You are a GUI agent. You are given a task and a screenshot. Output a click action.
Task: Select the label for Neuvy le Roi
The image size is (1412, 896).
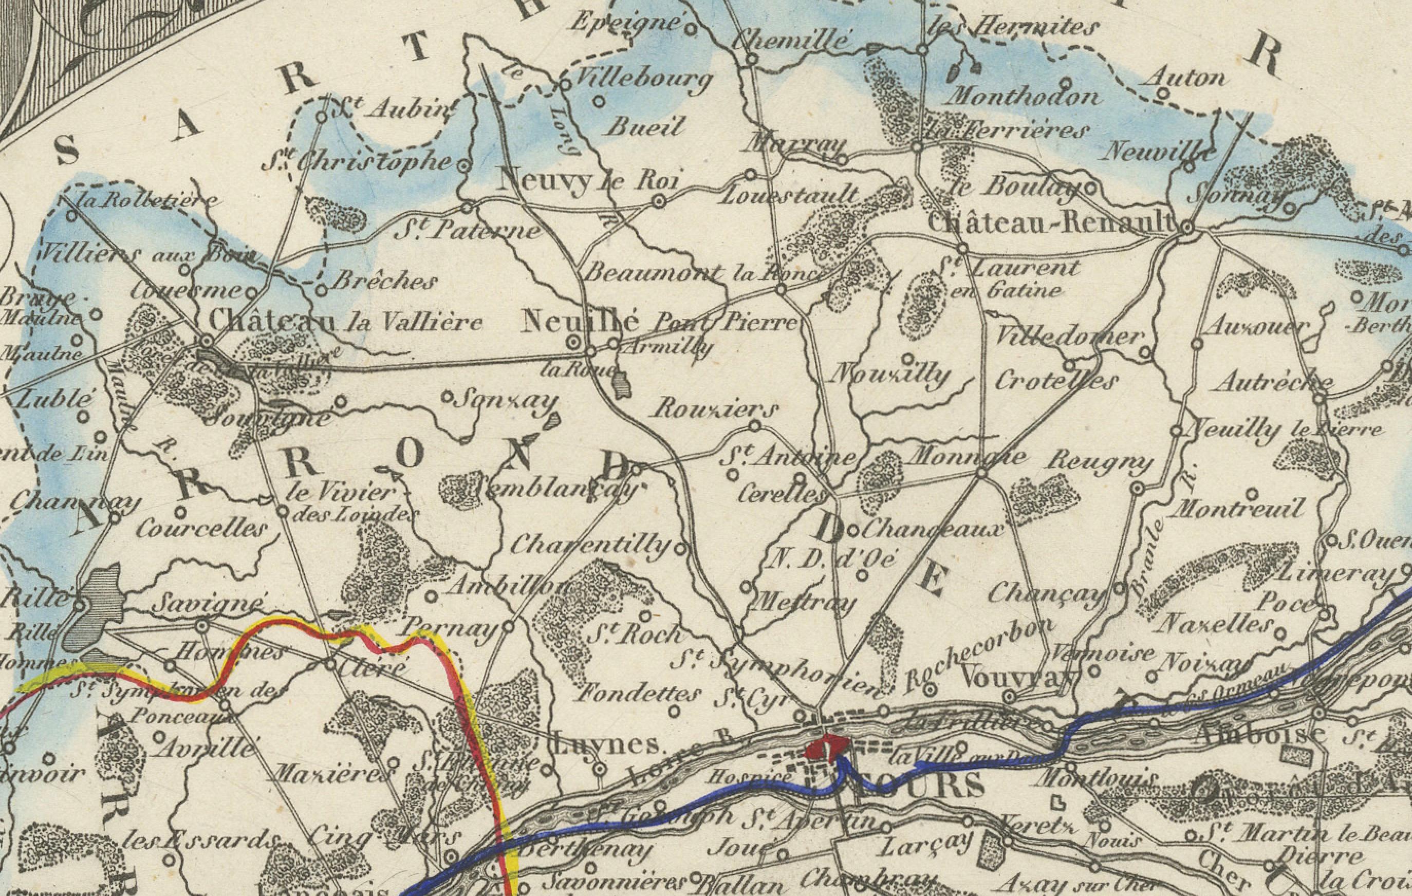587,183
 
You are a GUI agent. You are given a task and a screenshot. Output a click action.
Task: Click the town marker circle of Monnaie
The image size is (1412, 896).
982,473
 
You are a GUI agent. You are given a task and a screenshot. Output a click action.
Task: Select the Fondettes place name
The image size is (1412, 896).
636,695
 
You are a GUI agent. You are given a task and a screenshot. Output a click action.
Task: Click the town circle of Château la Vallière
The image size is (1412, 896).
207,341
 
